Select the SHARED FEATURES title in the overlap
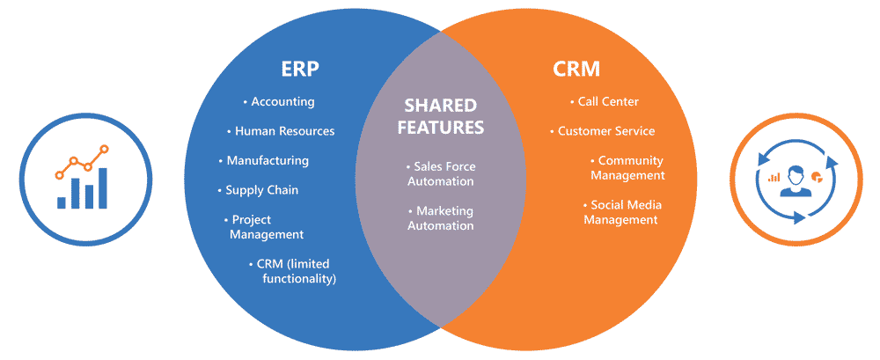click(441, 115)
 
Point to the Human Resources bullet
click(282, 131)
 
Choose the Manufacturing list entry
click(264, 160)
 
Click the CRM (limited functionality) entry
click(295, 271)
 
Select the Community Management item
click(627, 168)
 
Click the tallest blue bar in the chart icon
click(103, 187)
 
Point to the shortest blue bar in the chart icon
click(62, 202)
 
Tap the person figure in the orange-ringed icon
click(794, 180)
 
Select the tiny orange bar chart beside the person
click(774, 177)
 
